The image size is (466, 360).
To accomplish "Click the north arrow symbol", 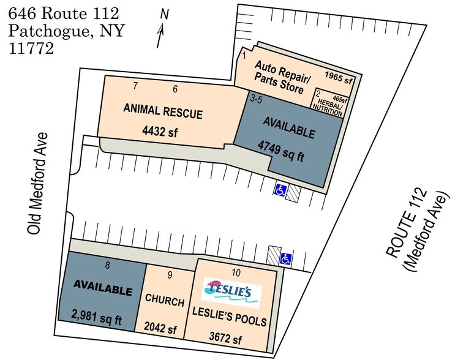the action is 161,36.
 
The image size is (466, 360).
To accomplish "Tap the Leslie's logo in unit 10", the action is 231,293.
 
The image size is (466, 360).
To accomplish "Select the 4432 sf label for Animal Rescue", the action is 160,131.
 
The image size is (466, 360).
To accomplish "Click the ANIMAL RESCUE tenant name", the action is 163,111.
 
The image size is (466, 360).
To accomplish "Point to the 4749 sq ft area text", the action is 281,151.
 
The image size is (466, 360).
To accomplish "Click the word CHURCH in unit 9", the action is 165,300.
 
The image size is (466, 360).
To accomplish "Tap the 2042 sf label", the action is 160,328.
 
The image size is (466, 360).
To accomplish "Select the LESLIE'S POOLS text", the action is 230,317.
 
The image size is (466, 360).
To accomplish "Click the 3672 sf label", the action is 225,338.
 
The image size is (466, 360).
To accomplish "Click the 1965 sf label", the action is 338,77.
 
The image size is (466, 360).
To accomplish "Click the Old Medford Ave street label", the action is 37,183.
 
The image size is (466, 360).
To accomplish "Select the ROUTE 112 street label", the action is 406,223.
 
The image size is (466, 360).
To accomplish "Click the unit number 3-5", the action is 256,99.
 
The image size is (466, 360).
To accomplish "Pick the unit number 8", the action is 108,264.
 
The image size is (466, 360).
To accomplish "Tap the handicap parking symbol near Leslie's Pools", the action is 286,259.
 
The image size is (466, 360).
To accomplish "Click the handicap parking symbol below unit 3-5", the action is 280,190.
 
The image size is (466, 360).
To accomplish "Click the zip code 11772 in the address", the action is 31,48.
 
